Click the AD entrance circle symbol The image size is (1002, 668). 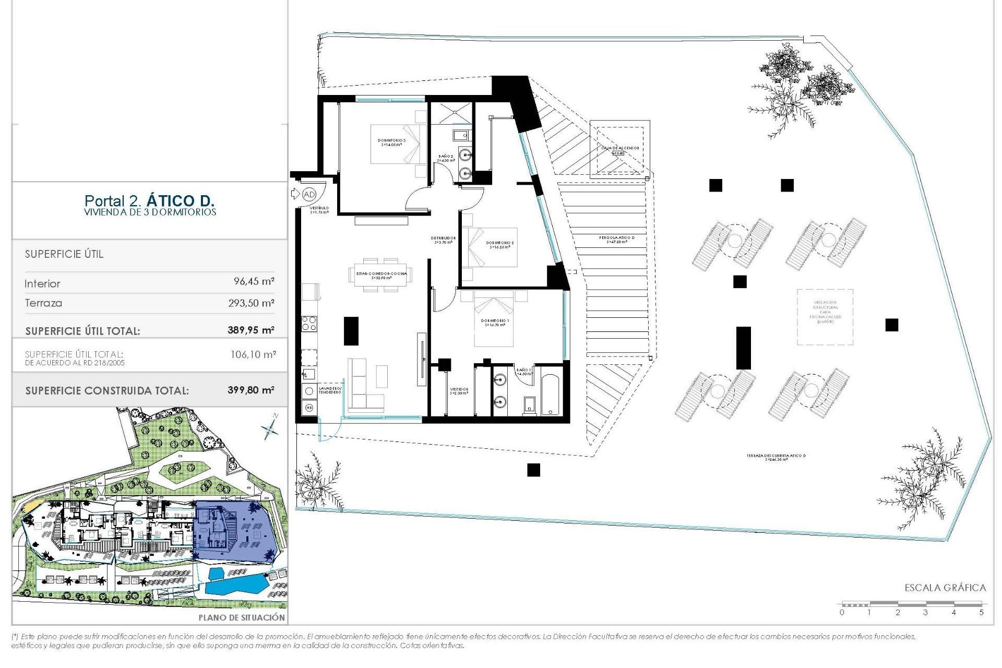(309, 195)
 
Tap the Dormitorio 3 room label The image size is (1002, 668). (391, 142)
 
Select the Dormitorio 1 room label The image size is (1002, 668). (495, 323)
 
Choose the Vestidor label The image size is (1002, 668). (459, 391)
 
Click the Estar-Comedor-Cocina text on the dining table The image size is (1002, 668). (381, 276)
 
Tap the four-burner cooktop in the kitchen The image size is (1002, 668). (309, 324)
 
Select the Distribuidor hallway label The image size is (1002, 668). (444, 240)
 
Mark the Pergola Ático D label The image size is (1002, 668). (617, 240)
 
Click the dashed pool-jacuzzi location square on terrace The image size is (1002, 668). (825, 317)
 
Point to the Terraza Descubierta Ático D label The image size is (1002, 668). (776, 457)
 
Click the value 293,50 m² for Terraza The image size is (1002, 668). (251, 303)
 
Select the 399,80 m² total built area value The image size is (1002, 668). (250, 390)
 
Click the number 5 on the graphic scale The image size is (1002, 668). (981, 612)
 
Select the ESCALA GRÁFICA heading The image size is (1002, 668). (945, 588)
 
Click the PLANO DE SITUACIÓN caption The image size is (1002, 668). (242, 617)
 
